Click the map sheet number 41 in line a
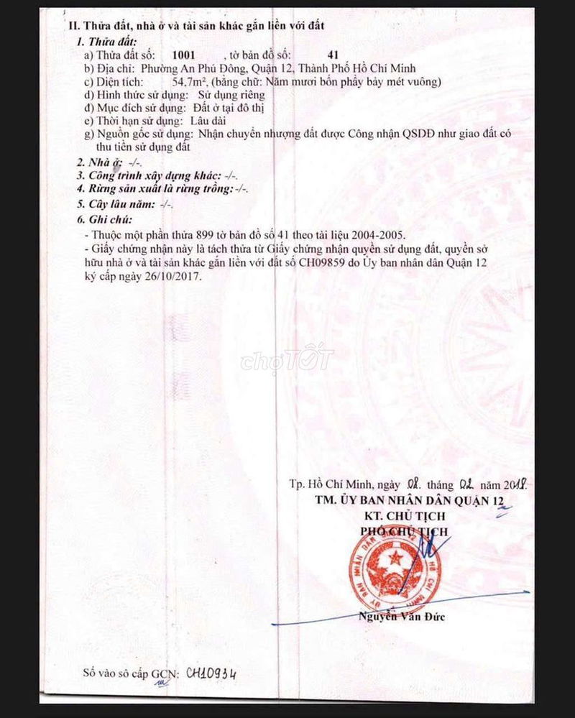point(332,55)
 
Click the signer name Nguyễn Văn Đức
point(402,616)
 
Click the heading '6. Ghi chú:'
point(105,219)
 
